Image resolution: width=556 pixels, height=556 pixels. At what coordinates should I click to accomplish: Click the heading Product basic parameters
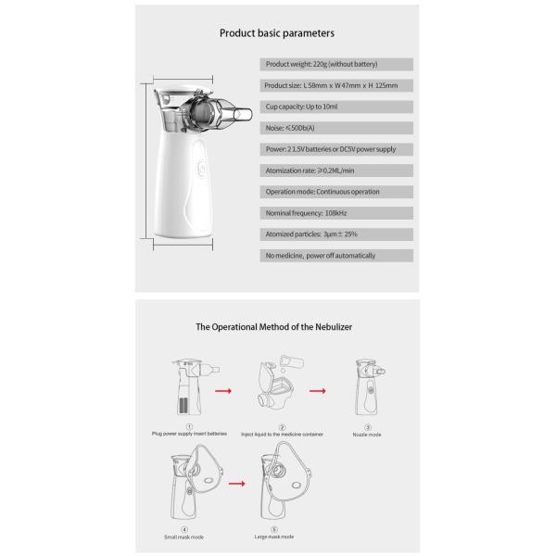coord(276,32)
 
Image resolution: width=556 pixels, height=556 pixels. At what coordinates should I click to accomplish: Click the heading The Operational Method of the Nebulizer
coord(273,327)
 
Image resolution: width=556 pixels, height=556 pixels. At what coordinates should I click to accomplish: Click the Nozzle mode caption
coord(367,434)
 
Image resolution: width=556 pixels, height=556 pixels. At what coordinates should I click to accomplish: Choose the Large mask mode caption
coord(275,537)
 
